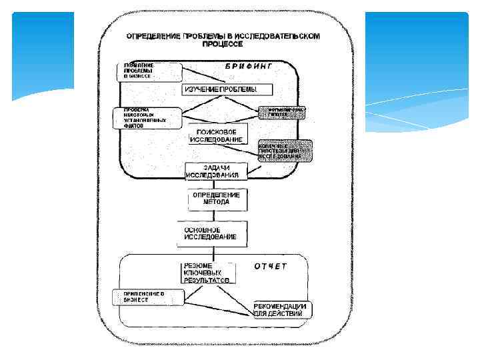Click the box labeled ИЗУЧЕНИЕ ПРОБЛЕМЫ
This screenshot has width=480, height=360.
click(219, 89)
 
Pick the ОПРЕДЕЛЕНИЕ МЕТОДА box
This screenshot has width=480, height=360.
click(216, 198)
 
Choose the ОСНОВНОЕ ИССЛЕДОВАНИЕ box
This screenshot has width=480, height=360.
click(212, 233)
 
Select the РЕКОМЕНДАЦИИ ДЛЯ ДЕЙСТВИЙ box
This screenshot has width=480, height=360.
click(279, 309)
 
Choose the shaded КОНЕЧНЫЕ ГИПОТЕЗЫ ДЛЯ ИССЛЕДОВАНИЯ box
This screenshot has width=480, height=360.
click(285, 151)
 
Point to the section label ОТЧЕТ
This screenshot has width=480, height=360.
click(270, 267)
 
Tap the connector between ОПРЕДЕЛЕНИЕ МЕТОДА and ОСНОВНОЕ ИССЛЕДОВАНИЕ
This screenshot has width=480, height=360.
click(213, 215)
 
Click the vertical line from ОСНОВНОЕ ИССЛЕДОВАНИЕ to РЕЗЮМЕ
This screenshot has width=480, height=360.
click(213, 254)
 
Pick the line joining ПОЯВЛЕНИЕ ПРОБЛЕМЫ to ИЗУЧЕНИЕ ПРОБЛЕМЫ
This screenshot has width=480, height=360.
click(200, 75)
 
